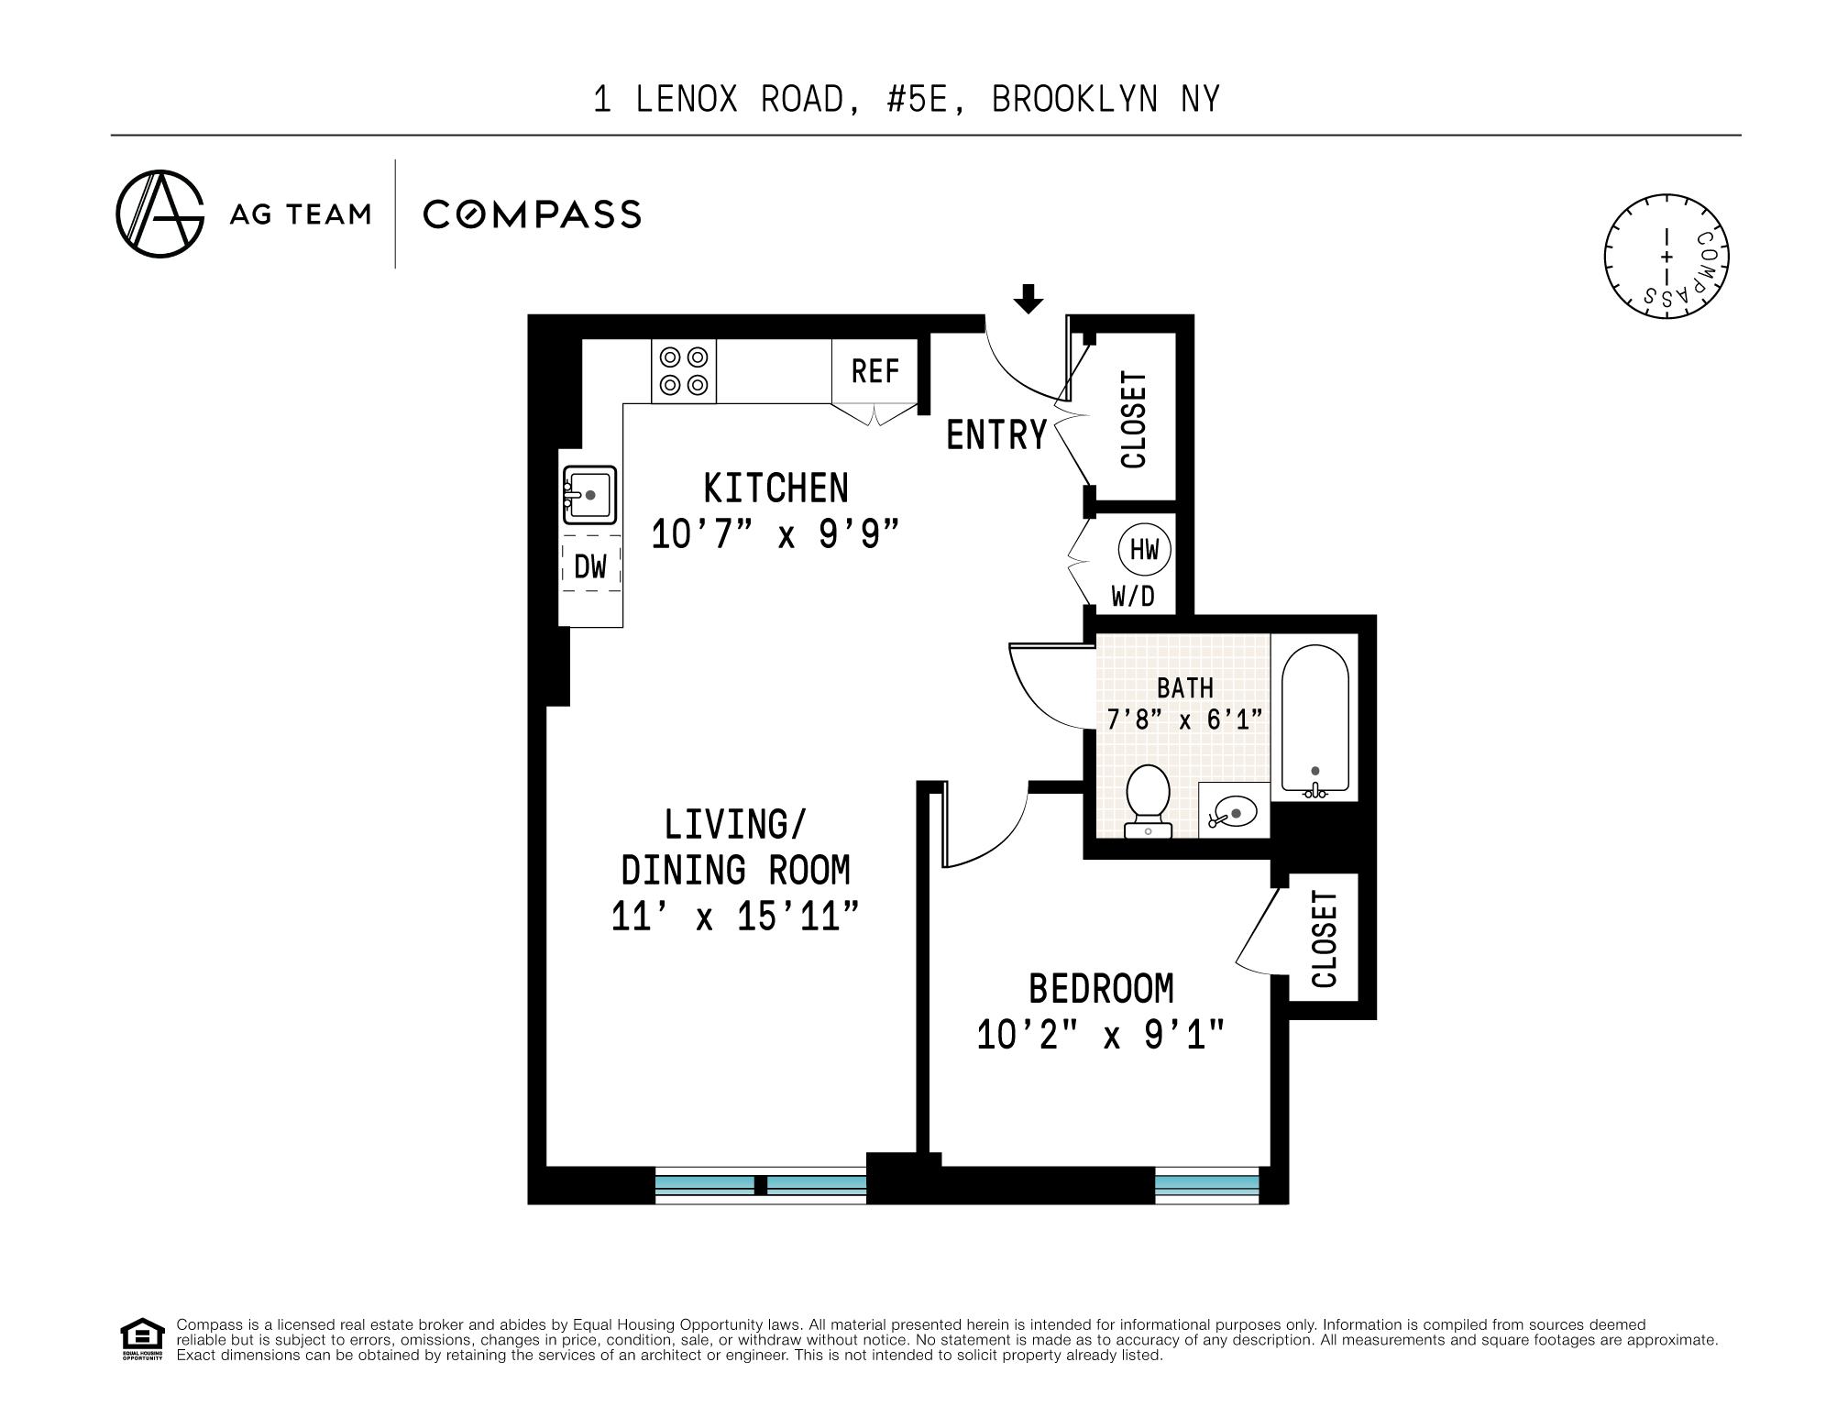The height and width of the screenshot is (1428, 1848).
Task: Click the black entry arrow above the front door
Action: click(1028, 299)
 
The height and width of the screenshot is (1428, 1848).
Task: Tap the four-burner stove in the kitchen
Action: click(684, 371)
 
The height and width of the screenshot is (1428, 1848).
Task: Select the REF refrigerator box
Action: click(874, 371)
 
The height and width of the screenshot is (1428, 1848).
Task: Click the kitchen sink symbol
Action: click(589, 495)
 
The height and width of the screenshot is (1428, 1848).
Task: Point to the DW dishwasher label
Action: click(590, 566)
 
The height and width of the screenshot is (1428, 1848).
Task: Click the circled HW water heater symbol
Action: click(1145, 550)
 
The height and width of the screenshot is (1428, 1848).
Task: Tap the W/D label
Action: click(1133, 597)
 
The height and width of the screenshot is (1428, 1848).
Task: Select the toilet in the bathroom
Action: click(1148, 801)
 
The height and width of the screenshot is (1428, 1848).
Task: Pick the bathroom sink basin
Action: click(1234, 811)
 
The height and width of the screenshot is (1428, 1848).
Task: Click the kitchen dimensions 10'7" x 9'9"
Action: click(775, 534)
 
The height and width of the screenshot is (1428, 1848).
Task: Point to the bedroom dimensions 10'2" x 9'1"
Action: click(1101, 1036)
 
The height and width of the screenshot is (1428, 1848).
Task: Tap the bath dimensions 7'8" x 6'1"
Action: click(1185, 719)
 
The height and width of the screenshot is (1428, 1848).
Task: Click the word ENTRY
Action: click(996, 434)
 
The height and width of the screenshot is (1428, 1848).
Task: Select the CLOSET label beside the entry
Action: click(1134, 420)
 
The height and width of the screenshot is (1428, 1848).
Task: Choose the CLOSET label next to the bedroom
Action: click(1325, 939)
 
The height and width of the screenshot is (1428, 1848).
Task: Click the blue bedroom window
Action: click(1206, 1184)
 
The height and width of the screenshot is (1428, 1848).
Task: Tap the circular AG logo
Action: click(160, 214)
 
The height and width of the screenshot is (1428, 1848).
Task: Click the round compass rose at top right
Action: click(1666, 257)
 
